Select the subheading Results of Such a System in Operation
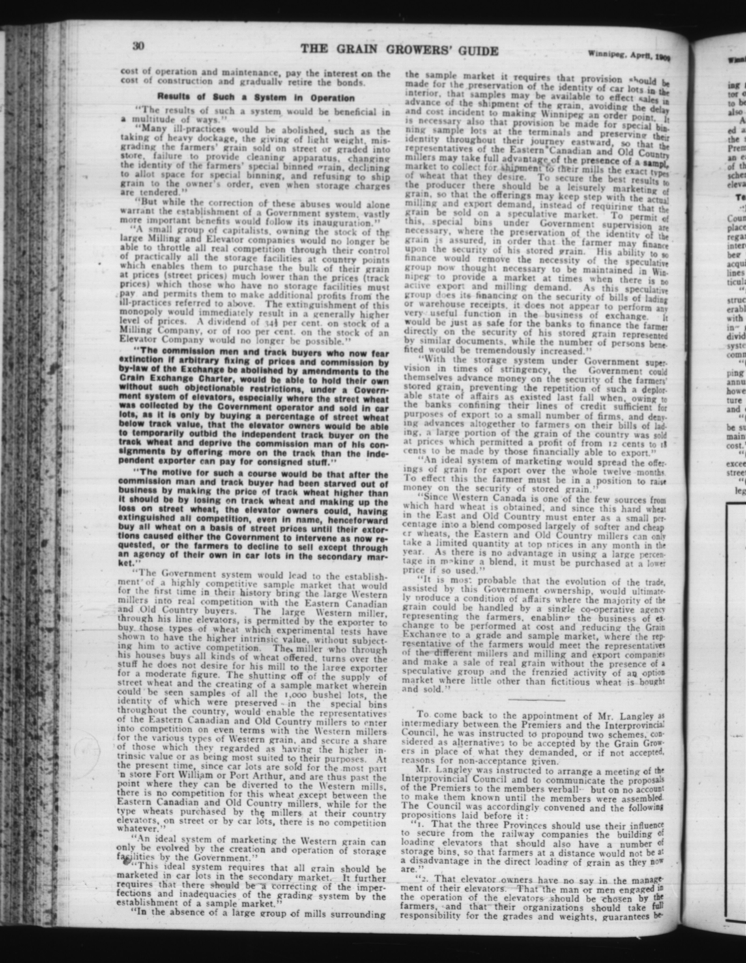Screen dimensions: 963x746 tap(256, 98)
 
